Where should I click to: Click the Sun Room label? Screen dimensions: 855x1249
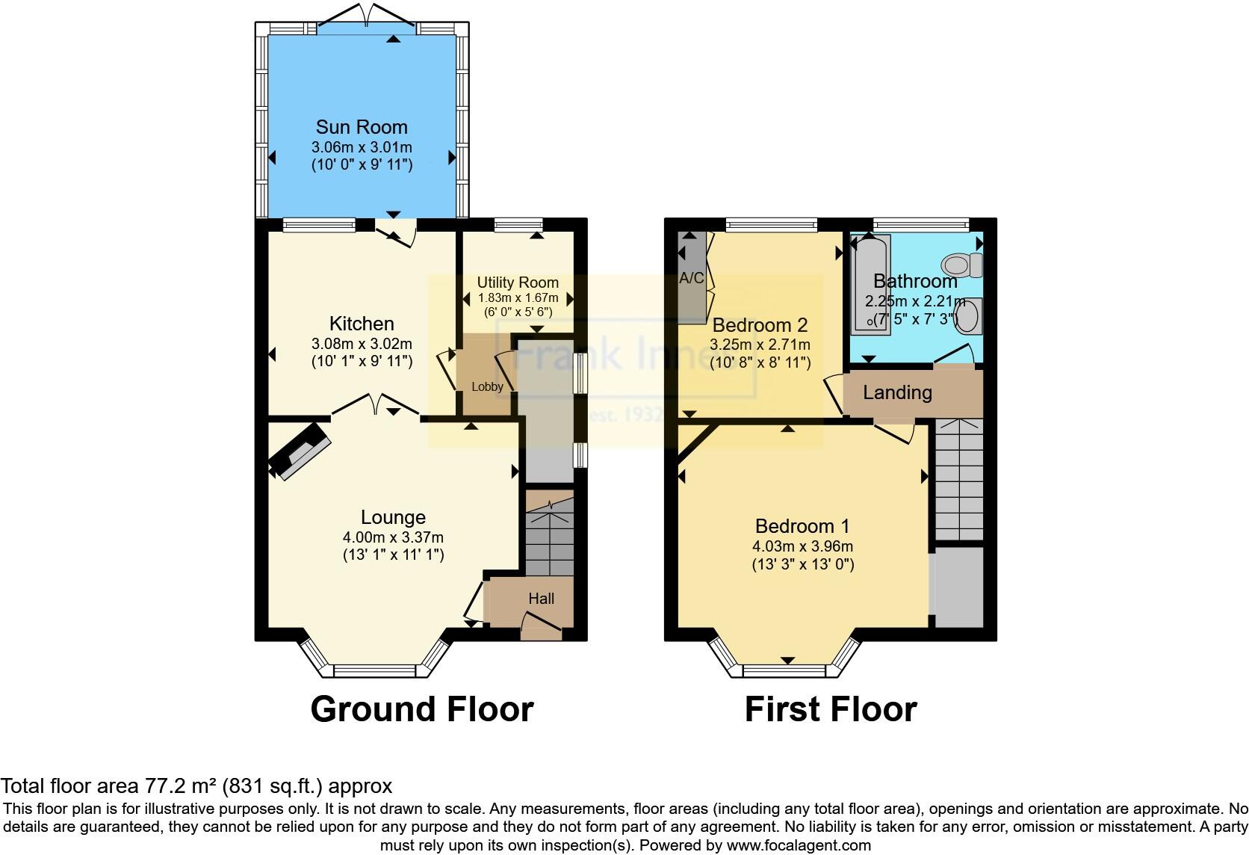(362, 127)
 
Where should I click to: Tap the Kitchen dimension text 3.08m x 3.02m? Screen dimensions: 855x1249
(362, 345)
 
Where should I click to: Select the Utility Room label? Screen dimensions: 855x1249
(518, 283)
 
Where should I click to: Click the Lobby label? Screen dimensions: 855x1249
(487, 387)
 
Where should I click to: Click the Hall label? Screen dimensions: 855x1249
(541, 599)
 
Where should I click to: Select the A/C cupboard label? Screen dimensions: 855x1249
(691, 279)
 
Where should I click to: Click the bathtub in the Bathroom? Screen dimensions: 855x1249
(871, 284)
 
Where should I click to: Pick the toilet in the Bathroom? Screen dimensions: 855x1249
(963, 265)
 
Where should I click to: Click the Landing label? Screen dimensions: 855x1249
(897, 392)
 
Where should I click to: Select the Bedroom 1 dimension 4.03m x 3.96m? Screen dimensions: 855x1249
(802, 546)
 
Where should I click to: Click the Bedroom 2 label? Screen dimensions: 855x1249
(760, 325)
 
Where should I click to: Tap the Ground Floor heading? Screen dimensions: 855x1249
(422, 709)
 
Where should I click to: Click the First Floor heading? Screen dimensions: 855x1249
(831, 709)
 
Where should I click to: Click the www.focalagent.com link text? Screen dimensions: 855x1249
(799, 846)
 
